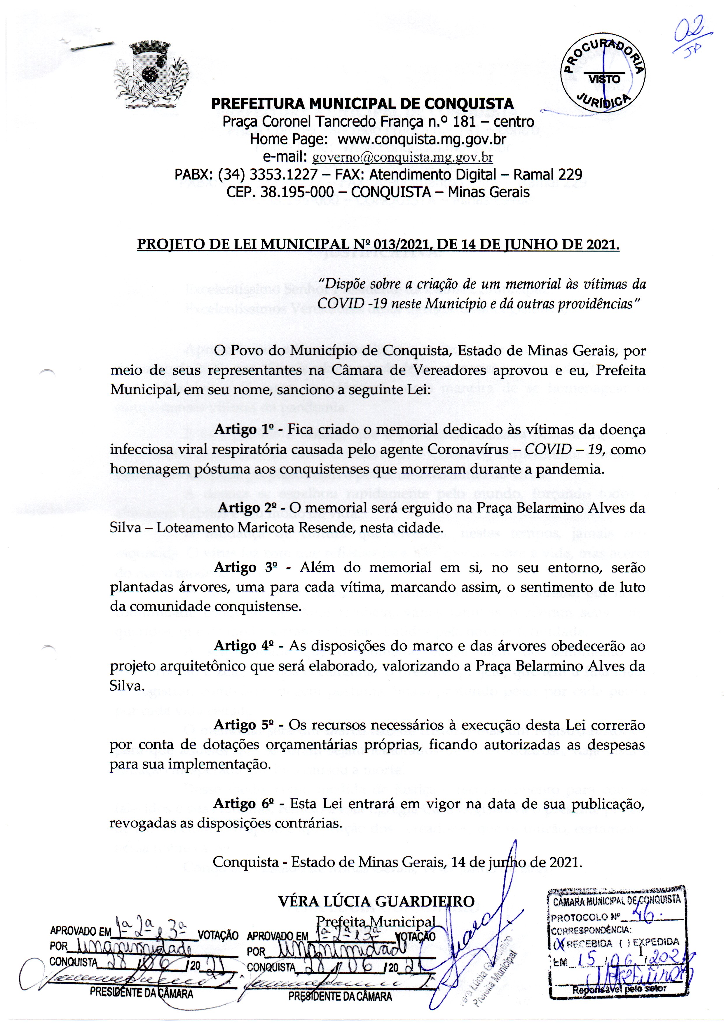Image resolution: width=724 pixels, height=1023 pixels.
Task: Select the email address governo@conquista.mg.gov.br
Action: point(403,157)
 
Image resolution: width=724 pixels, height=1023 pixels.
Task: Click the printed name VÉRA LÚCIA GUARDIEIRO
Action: point(376,901)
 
